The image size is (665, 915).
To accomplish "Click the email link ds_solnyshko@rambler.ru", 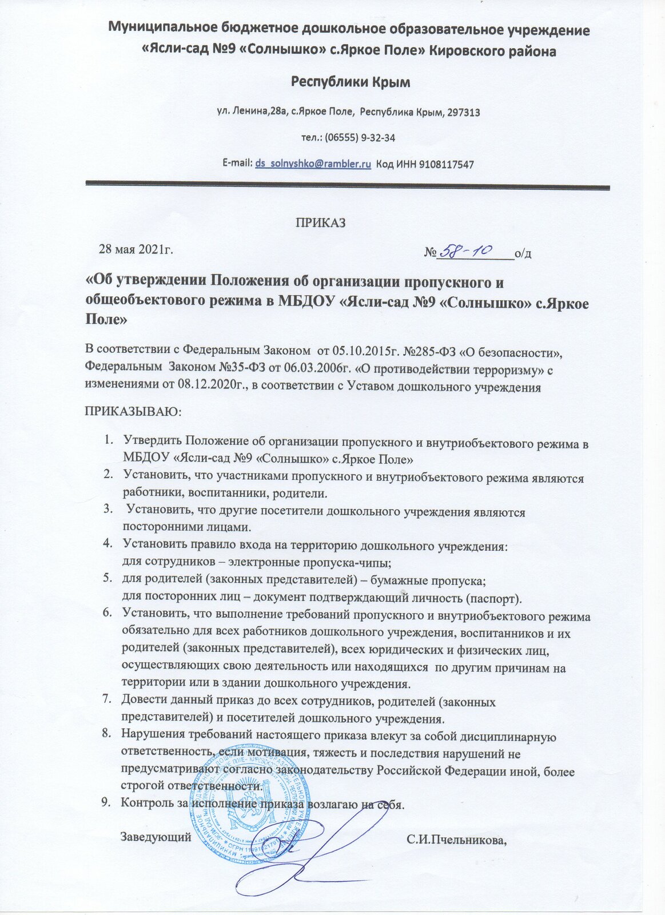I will click(313, 164).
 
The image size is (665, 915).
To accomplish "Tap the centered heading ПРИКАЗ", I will click(320, 223).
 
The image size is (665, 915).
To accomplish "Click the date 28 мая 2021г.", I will click(136, 249).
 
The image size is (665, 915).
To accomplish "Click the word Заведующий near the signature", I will click(156, 838).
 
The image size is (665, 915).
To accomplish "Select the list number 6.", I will click(106, 612).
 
